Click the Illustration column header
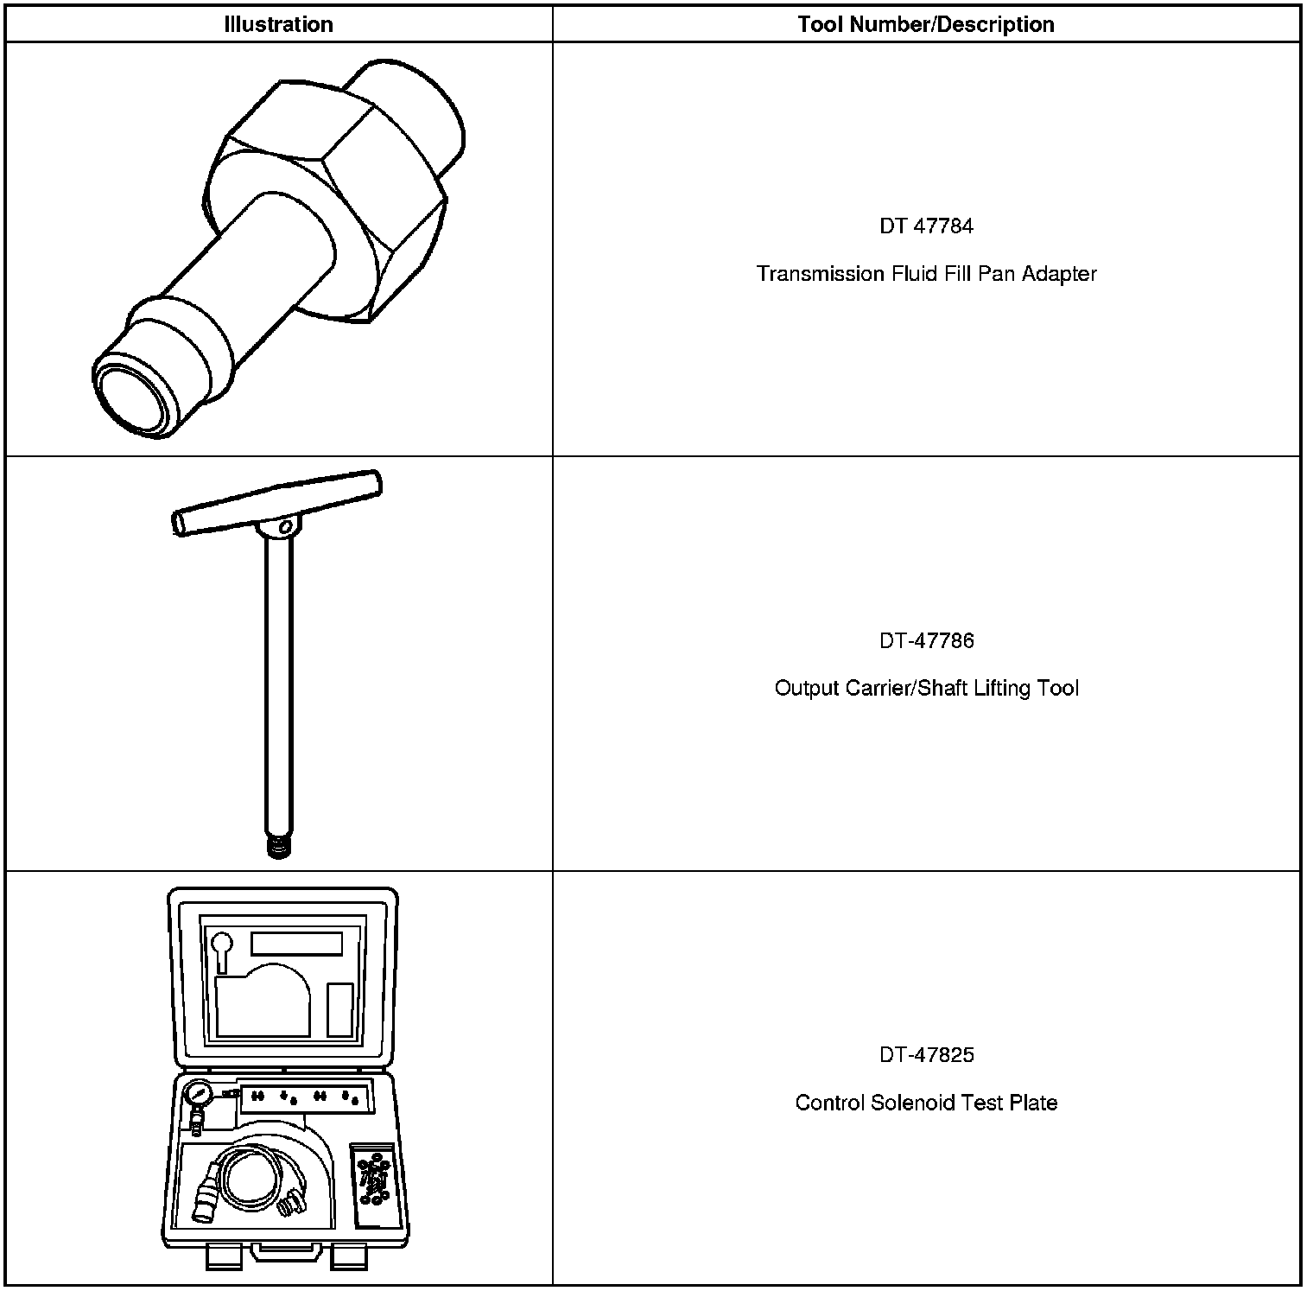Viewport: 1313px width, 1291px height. tap(278, 24)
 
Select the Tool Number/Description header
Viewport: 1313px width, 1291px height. tap(926, 24)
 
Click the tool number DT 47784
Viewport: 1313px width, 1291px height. tap(926, 226)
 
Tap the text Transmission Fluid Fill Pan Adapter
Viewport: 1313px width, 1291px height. tap(926, 274)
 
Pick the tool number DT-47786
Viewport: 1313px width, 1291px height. tap(926, 640)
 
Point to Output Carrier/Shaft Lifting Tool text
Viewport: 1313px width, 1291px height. tap(926, 688)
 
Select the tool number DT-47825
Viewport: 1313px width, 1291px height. tap(926, 1054)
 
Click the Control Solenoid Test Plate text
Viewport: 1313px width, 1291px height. tap(926, 1103)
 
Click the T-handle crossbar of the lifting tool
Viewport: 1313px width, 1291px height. tap(276, 501)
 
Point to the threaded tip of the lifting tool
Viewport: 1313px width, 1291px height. tap(278, 846)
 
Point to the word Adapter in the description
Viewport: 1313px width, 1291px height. tap(1059, 274)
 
